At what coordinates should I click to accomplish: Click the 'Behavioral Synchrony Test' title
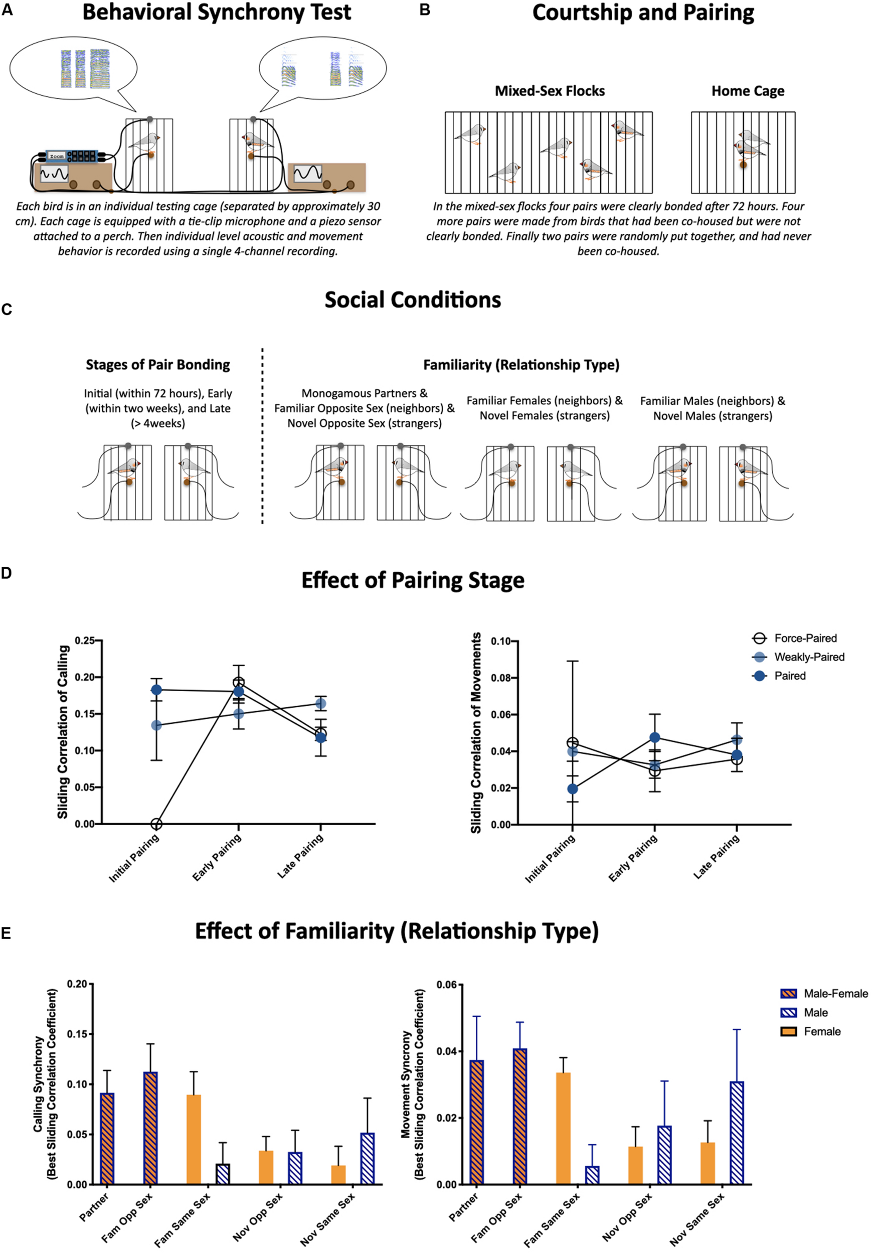[x=217, y=13]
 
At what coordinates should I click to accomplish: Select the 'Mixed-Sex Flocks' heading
[x=549, y=91]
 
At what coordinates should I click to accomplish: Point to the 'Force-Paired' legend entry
[x=805, y=638]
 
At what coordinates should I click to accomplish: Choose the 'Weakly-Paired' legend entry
[x=808, y=657]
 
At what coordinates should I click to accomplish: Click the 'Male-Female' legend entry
[x=835, y=994]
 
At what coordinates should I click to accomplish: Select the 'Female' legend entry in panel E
[x=821, y=1031]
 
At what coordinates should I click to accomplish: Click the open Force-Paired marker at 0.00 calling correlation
[x=156, y=824]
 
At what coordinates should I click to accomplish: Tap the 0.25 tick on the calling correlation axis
[x=85, y=640]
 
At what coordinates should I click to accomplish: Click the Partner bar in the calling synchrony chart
[x=107, y=1139]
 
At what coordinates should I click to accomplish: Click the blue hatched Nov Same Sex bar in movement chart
[x=737, y=1133]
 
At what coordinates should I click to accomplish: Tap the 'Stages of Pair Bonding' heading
[x=158, y=364]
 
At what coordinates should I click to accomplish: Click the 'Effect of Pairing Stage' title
[x=413, y=580]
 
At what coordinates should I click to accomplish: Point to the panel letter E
[x=6, y=933]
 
